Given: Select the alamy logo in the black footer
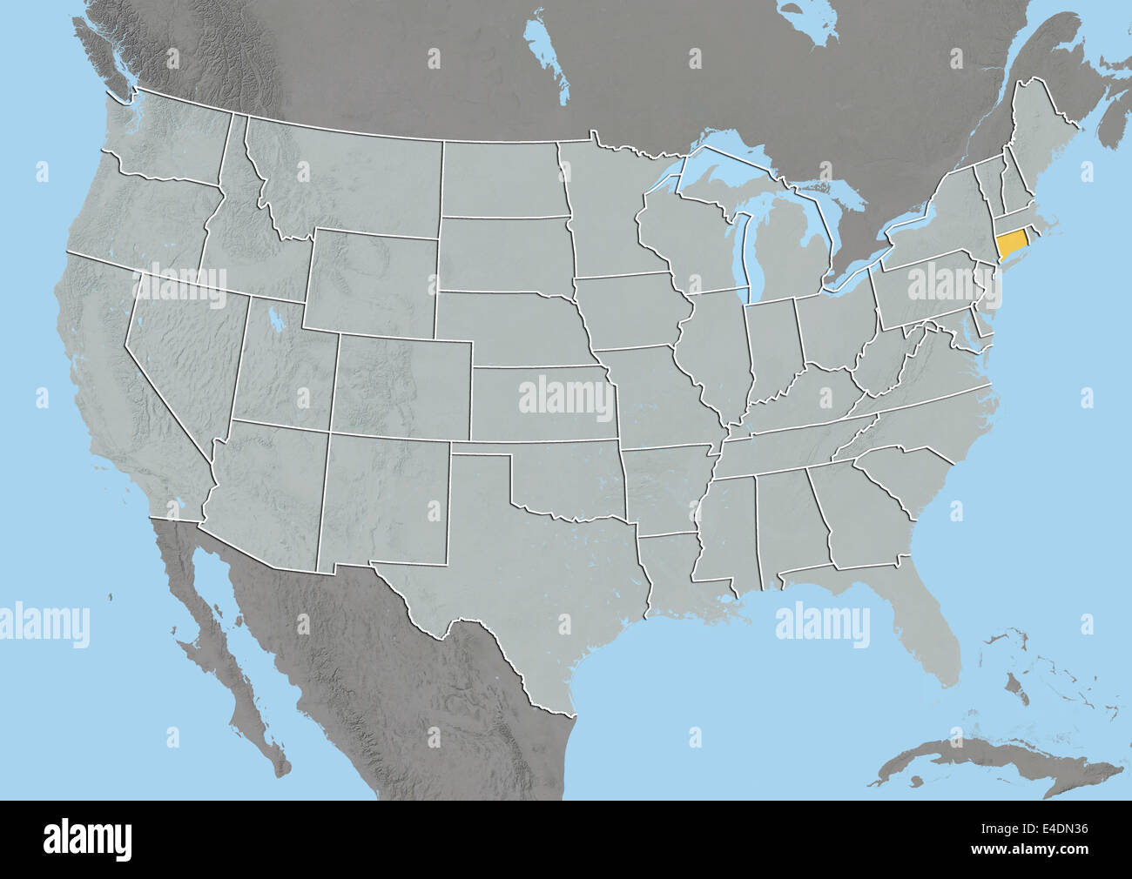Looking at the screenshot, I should click(x=88, y=839).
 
